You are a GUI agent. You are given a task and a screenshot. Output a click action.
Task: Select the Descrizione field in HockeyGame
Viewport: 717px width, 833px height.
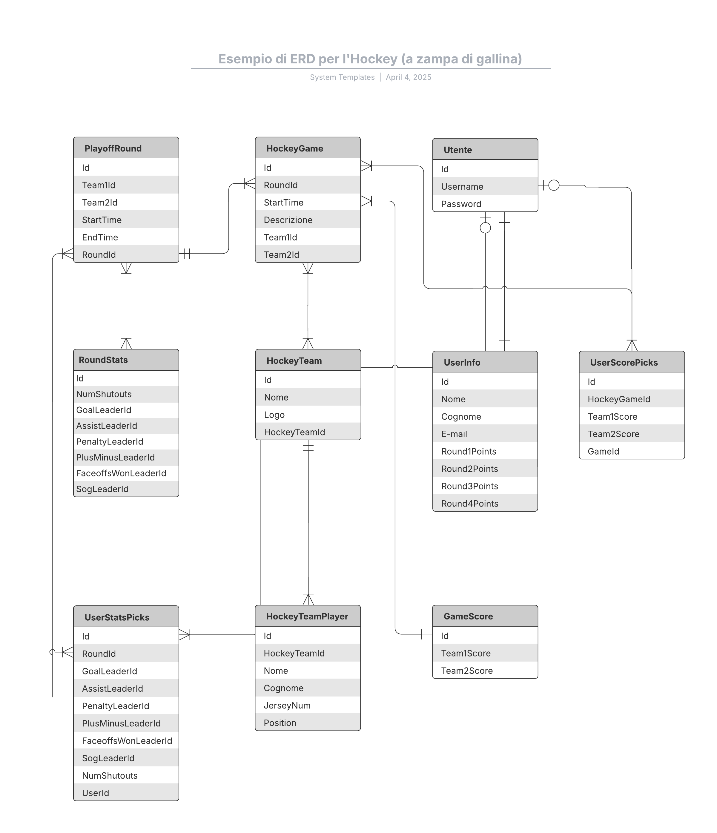[x=288, y=220]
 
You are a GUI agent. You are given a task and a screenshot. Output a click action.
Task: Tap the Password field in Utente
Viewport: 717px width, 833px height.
[x=461, y=204]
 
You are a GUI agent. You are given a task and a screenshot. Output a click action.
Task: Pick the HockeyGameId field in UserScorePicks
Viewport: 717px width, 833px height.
[x=619, y=399]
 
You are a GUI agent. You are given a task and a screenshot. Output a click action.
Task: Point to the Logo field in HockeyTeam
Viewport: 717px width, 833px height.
[x=274, y=415]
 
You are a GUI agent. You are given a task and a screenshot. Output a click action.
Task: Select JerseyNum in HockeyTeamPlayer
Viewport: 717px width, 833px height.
[x=287, y=705]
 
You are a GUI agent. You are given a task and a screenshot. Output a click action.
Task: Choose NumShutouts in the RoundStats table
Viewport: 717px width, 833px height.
[x=104, y=394]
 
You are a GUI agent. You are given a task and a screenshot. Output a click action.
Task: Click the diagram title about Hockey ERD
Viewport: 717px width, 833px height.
[x=370, y=59]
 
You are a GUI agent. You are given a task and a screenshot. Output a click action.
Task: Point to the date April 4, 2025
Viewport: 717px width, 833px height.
[x=408, y=77]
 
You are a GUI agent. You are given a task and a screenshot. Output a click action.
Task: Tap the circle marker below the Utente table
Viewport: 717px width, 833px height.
[x=486, y=228]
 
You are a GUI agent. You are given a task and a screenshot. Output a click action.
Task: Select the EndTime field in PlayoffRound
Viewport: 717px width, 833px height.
[x=100, y=237]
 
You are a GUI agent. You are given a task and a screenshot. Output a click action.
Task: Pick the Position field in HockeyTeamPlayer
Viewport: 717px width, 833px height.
[x=280, y=723]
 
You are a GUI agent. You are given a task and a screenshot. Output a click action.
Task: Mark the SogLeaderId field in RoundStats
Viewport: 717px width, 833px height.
[x=102, y=489]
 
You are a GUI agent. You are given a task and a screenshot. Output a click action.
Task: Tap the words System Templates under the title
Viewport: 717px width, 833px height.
[x=342, y=77]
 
